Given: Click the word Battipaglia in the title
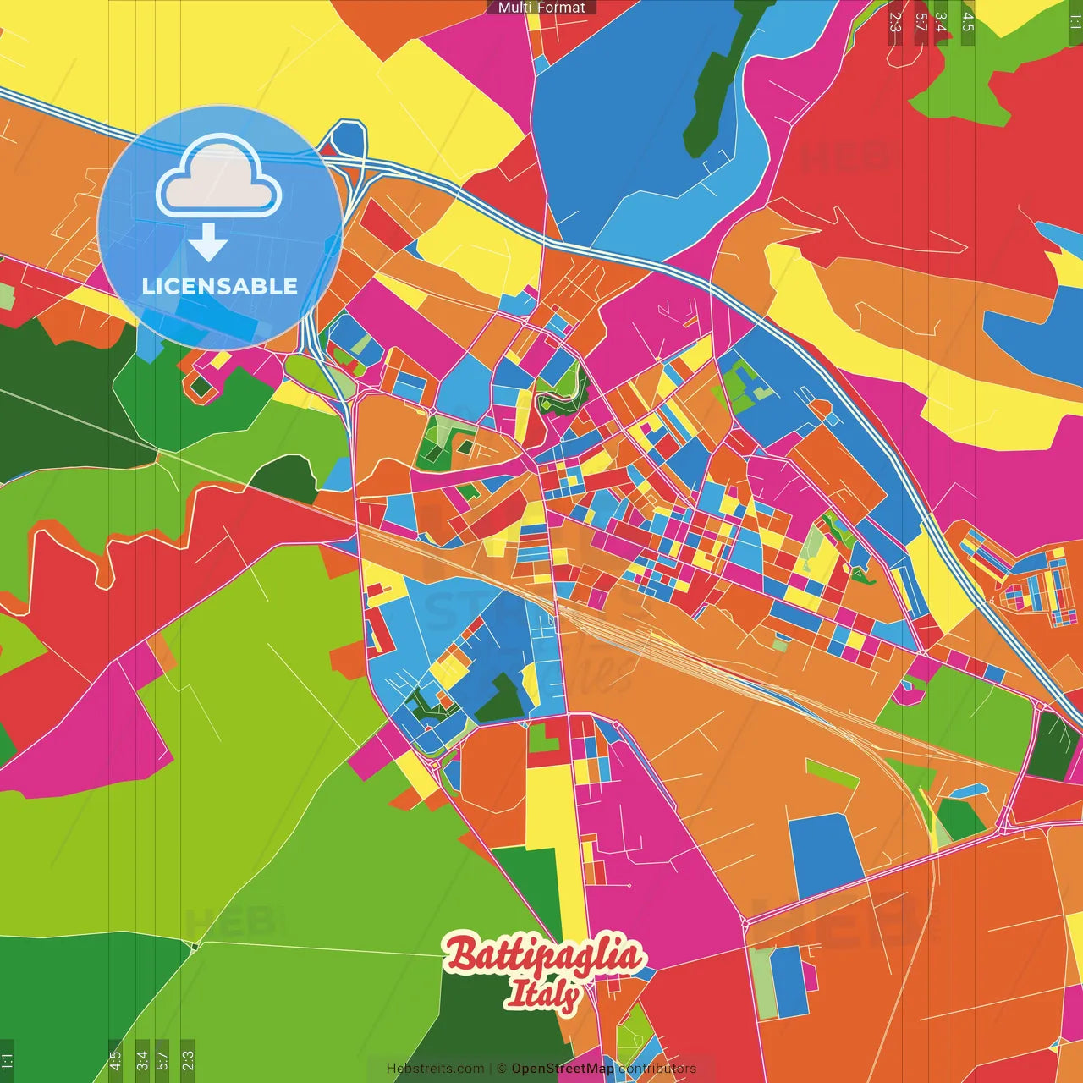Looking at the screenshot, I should (543, 955).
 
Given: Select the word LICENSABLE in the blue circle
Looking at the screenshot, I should (219, 286).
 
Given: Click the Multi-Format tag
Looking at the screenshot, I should (541, 8).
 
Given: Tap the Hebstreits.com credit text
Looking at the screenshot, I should (435, 1069).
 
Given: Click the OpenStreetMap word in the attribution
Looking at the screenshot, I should (562, 1069).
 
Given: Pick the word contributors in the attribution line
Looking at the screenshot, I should (657, 1069).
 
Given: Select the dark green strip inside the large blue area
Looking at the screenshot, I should (719, 85).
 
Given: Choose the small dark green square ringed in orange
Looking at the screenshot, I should (201, 387).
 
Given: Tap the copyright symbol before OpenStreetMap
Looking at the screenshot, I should (501, 1069).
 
